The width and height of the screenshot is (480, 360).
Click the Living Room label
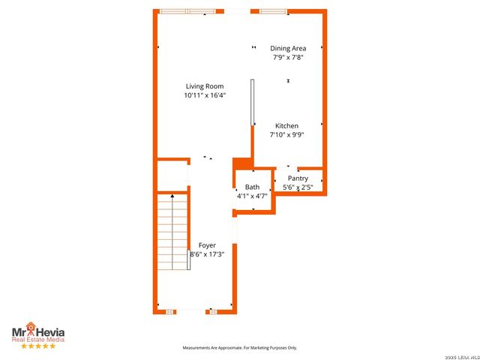point(205,86)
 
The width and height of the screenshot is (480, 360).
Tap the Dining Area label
point(288,48)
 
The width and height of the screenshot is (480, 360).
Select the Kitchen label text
point(286,126)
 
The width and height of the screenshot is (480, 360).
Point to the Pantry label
point(298,178)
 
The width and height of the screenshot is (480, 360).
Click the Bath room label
point(252,187)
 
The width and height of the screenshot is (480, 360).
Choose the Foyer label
point(207,245)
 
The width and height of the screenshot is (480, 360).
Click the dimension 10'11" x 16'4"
point(205,95)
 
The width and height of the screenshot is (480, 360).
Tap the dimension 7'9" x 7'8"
point(288,57)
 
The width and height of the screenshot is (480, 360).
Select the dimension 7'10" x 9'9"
point(286,135)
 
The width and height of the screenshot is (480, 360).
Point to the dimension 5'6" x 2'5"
point(298,187)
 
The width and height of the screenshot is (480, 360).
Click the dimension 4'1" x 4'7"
point(252,196)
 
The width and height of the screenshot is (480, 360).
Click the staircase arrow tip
point(172,195)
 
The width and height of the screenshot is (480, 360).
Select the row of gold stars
point(37,346)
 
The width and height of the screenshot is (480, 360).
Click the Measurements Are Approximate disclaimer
point(240,348)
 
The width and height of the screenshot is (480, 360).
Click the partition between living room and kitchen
point(252,112)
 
